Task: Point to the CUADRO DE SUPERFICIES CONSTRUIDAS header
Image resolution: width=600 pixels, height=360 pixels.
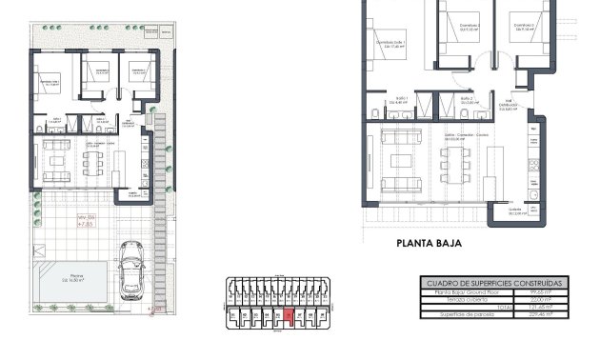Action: [491, 283]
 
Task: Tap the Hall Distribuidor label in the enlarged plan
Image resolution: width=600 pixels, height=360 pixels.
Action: [511, 106]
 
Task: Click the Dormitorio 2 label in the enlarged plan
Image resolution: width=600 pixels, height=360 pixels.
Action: [470, 28]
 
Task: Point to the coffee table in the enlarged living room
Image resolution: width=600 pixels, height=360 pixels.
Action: [401, 159]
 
